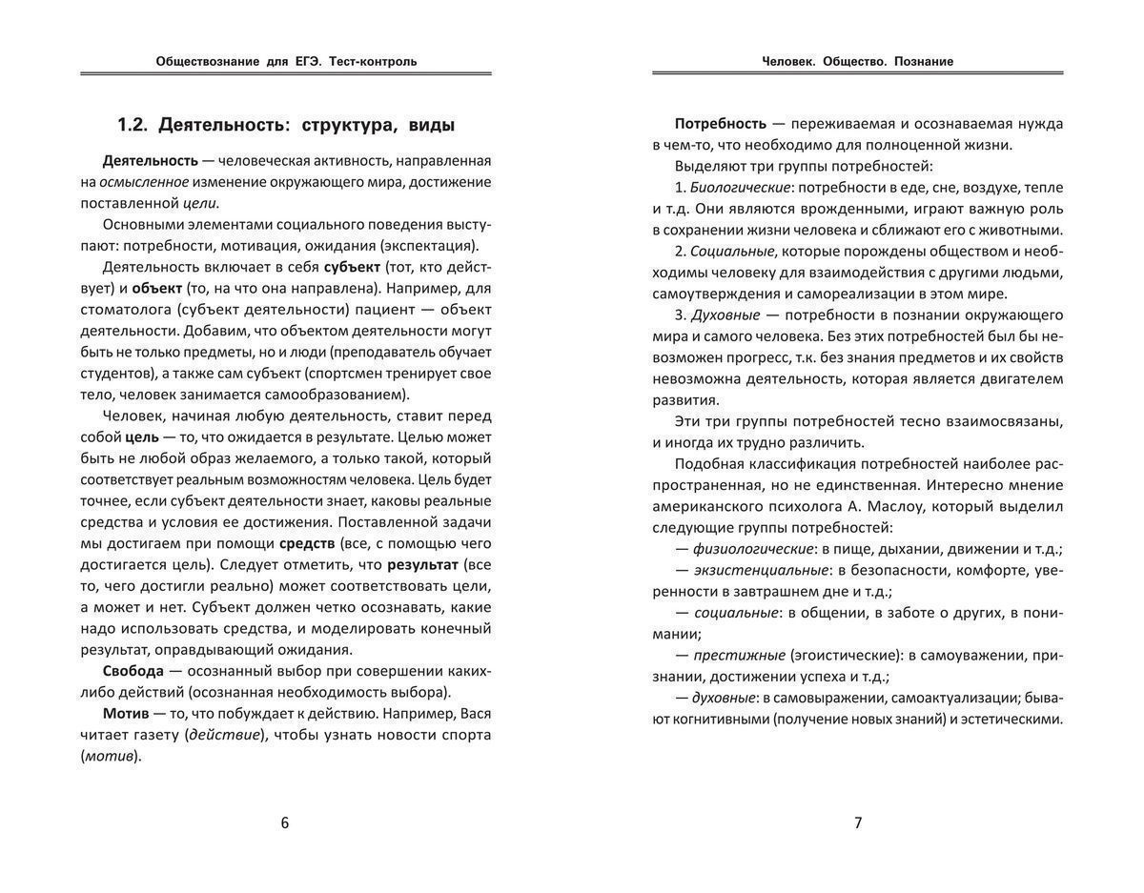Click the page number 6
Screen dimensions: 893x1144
point(285,823)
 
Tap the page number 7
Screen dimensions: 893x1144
point(858,823)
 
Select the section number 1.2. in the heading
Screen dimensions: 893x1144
point(133,125)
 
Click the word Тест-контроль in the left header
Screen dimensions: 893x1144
point(373,61)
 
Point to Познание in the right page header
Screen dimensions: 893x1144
point(924,61)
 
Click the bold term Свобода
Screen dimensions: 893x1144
point(133,671)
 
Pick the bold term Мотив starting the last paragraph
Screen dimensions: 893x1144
point(126,713)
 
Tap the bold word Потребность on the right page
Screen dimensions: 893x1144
point(721,123)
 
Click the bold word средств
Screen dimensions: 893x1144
point(307,543)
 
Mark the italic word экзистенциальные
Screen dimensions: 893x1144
point(760,570)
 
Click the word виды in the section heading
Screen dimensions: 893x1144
point(431,125)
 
